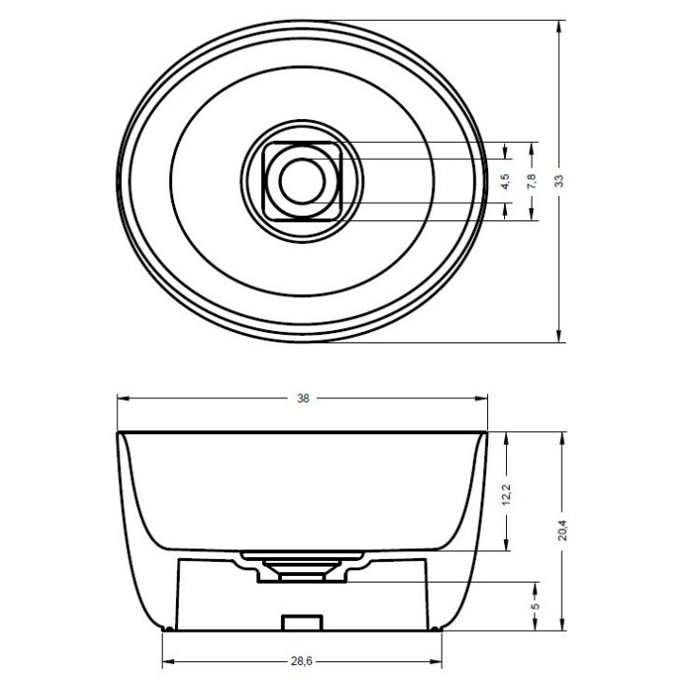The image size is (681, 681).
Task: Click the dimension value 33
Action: [x=559, y=181]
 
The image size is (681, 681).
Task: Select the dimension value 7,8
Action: [x=532, y=181]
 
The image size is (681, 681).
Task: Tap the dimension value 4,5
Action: [x=505, y=181]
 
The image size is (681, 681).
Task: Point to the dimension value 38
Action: [x=304, y=398]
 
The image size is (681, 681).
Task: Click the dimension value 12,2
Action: [x=506, y=495]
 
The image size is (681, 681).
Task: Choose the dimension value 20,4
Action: [x=563, y=530]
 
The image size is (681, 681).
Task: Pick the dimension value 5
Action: [x=535, y=605]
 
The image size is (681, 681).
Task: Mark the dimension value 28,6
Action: [x=302, y=661]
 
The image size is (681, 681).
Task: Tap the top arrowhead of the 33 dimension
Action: [x=559, y=26]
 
